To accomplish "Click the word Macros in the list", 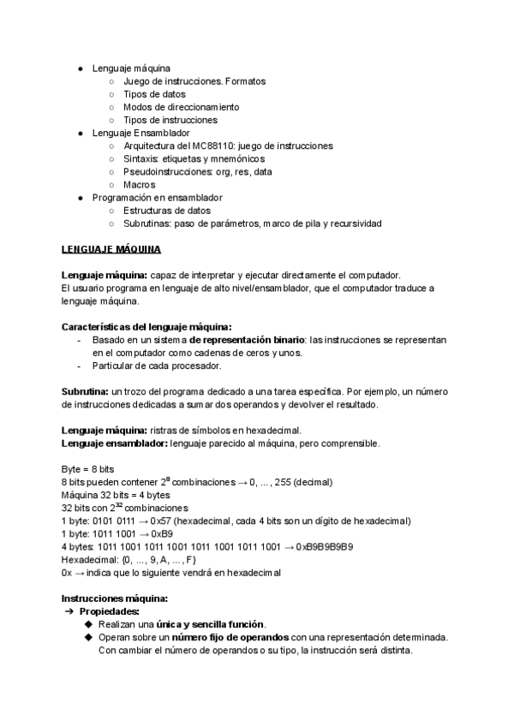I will (x=140, y=185).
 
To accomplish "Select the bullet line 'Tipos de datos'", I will (x=154, y=94).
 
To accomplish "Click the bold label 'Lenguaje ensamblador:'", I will (x=115, y=443).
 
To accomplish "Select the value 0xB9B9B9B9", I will (x=326, y=546).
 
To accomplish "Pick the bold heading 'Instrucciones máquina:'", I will (x=115, y=598).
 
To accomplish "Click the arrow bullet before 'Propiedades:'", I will (x=69, y=611).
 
